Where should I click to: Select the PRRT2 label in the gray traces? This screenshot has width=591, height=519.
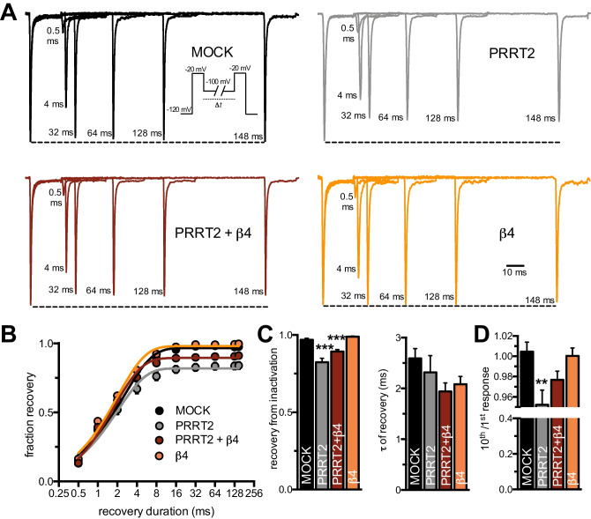pos(514,56)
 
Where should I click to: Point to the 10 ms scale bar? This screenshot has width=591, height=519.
pos(517,265)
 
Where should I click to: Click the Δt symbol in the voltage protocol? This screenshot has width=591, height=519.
pos(217,103)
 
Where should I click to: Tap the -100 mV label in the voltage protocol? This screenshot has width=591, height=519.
pos(219,81)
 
